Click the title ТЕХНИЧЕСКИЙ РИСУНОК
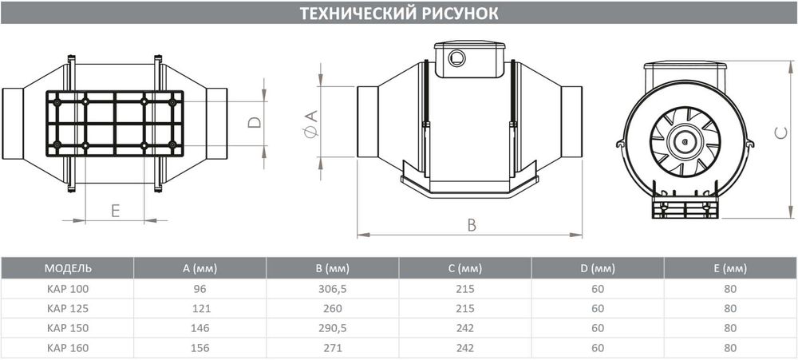399,14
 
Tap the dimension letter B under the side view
472,225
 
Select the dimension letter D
253,123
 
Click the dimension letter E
115,211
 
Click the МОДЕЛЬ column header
69,267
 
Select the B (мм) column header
332,267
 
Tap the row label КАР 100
65,288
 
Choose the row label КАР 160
65,348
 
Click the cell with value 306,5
332,288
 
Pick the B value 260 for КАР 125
332,308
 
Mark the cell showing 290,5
332,328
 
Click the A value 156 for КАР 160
199,348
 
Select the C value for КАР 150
464,328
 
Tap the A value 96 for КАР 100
199,288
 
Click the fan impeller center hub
685,142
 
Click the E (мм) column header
730,267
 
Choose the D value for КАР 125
598,308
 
